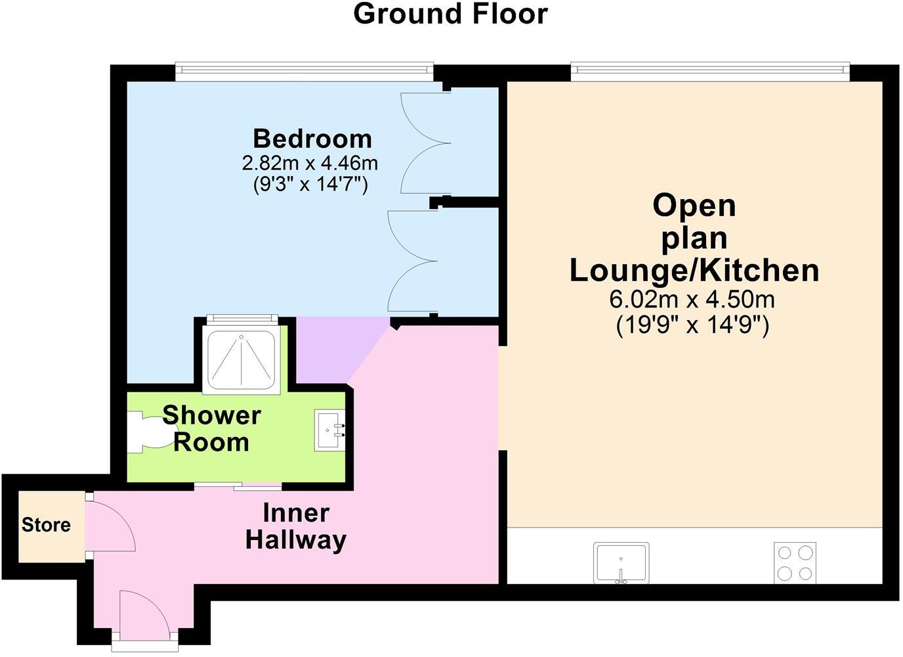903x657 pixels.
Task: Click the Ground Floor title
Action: point(450,14)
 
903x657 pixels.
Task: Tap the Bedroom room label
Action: point(312,139)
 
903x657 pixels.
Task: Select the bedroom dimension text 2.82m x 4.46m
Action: point(310,162)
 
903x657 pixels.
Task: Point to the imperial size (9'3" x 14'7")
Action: point(310,185)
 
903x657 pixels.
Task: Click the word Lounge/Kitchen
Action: point(694,270)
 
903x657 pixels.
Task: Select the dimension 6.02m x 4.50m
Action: point(692,300)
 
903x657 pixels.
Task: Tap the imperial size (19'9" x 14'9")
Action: point(692,325)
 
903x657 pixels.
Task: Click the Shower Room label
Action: point(211,428)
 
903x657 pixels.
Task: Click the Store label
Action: point(46,525)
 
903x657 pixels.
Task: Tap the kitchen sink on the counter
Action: point(621,562)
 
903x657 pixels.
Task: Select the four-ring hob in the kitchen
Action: point(795,562)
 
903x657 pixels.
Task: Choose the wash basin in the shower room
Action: point(329,430)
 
